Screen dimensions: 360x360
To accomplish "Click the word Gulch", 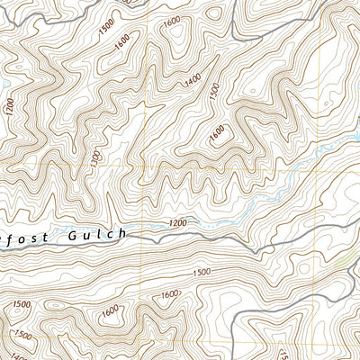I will (96, 235).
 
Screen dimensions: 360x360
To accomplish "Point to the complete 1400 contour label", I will (192, 82).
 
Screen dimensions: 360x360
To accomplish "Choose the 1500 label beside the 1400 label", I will (213, 93).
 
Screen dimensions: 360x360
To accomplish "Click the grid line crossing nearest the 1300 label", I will (141, 166).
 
